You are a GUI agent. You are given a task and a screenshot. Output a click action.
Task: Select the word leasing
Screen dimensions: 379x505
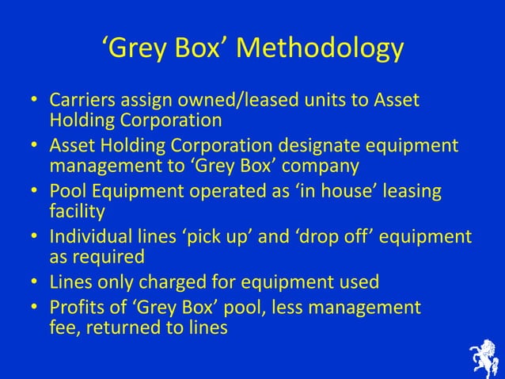coord(411,193)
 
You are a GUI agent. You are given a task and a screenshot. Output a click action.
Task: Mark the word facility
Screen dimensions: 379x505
coord(77,212)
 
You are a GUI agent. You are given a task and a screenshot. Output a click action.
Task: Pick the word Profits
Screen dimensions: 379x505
coord(76,307)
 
